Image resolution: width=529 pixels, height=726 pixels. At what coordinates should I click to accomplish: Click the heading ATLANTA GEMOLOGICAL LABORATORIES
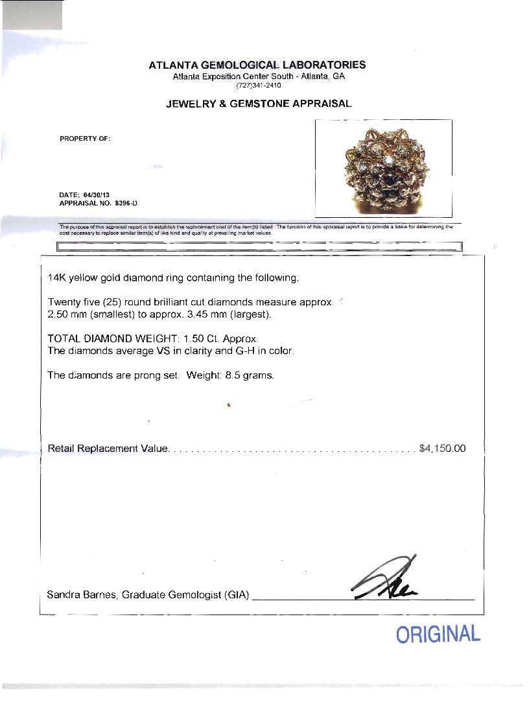pyautogui.click(x=257, y=65)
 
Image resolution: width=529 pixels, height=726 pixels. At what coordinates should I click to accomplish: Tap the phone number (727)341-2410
pyautogui.click(x=258, y=84)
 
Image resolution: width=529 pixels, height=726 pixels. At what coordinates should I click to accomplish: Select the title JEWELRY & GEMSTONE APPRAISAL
pyautogui.click(x=259, y=103)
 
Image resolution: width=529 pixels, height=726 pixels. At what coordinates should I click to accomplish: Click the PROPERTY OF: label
pyautogui.click(x=85, y=138)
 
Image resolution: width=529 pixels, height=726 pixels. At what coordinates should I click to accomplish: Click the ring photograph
pyautogui.click(x=383, y=169)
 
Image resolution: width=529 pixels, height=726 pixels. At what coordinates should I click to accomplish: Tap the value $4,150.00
pyautogui.click(x=443, y=449)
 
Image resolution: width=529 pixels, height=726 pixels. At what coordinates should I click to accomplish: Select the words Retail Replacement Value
pyautogui.click(x=108, y=449)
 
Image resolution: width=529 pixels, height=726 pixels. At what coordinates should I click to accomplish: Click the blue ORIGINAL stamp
pyautogui.click(x=438, y=634)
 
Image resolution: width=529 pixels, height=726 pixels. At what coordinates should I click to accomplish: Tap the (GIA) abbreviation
pyautogui.click(x=237, y=594)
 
